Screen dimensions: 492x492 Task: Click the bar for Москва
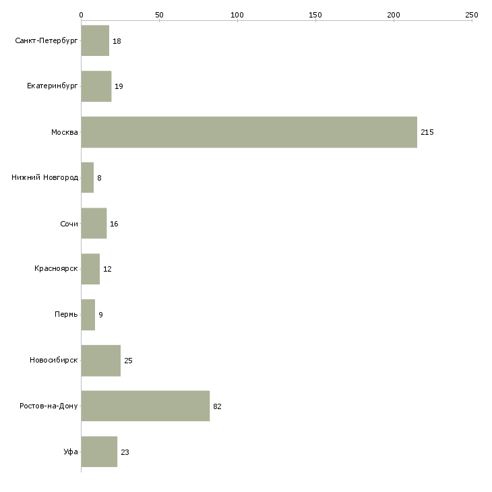click(249, 132)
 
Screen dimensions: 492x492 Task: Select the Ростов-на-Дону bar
click(146, 406)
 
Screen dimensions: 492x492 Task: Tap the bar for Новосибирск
click(100, 361)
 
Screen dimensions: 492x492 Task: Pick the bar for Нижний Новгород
click(87, 178)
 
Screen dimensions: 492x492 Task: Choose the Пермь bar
click(88, 315)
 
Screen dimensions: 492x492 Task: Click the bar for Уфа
click(99, 452)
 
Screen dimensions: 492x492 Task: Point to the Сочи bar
click(94, 223)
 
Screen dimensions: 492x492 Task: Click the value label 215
click(427, 132)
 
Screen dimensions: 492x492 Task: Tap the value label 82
click(217, 406)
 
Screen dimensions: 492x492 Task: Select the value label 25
click(128, 361)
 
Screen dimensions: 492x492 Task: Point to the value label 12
click(107, 269)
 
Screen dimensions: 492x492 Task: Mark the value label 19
click(119, 86)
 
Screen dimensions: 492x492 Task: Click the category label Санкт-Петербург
click(46, 41)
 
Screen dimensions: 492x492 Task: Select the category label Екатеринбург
click(52, 86)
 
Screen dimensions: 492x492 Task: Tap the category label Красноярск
click(56, 269)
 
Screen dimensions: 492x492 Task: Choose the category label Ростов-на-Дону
click(49, 406)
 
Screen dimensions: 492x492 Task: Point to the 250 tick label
click(472, 15)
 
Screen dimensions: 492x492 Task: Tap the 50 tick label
click(159, 15)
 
